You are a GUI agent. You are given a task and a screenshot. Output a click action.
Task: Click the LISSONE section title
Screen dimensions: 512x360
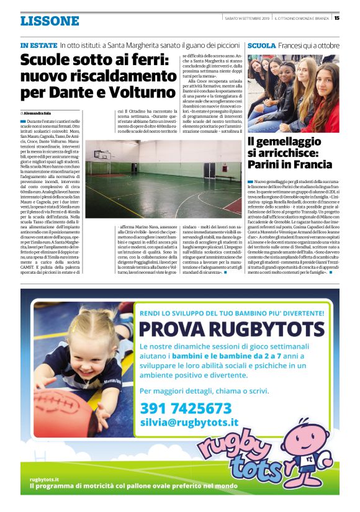click(x=49, y=21)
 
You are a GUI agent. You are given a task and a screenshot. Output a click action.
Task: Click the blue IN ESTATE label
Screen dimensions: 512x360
click(x=38, y=46)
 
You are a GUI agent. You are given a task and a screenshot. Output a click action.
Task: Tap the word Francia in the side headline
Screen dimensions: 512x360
click(x=312, y=164)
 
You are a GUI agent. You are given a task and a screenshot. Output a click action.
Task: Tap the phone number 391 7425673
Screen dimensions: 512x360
click(x=186, y=408)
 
